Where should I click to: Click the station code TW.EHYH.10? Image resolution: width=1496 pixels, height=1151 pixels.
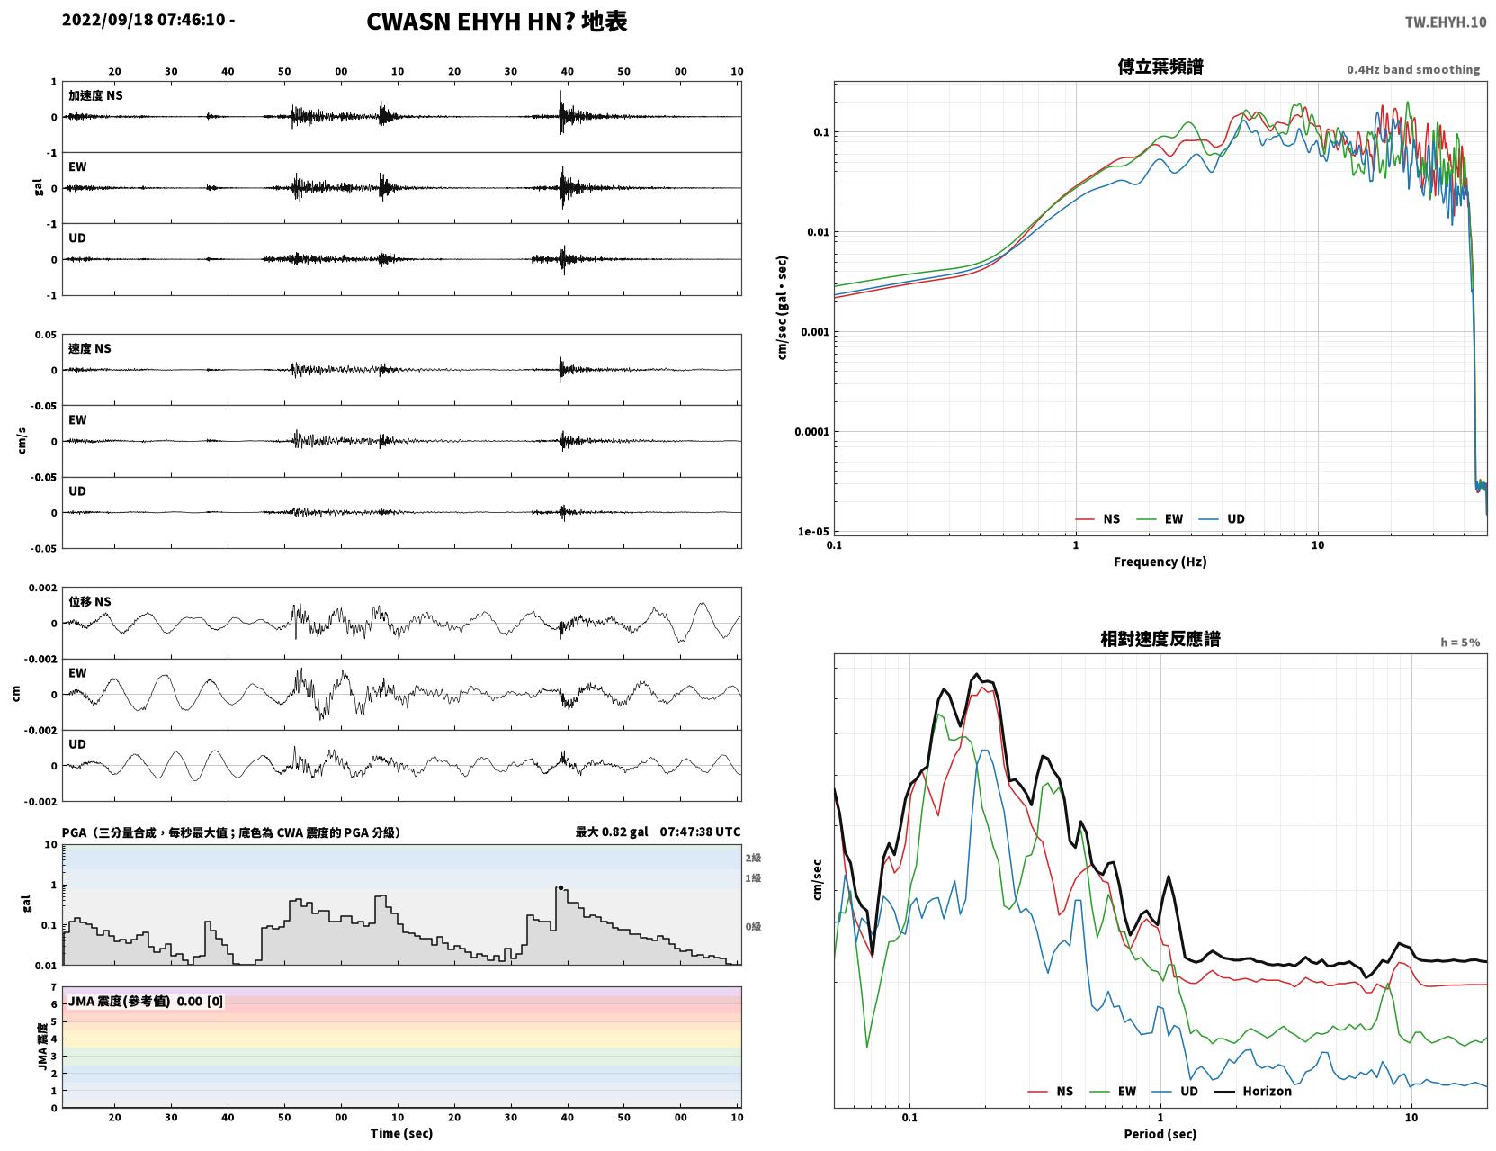(1445, 22)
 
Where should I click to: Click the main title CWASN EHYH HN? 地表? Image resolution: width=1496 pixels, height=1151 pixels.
(497, 22)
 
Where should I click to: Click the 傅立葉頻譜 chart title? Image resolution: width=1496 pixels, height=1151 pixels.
(1160, 67)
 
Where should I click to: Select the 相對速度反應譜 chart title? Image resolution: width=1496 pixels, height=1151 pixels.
(1160, 639)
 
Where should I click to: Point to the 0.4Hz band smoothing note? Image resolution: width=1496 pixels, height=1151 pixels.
(1412, 69)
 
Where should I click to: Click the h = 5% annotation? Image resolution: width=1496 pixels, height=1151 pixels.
(1459, 643)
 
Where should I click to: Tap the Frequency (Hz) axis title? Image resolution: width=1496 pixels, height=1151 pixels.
(1160, 562)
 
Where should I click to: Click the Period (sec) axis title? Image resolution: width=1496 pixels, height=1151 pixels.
(1160, 1134)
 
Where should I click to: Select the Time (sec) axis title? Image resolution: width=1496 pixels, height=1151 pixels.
(401, 1133)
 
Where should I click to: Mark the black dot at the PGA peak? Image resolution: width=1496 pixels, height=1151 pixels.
(560, 887)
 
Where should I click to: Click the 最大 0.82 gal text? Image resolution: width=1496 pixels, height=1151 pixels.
(612, 832)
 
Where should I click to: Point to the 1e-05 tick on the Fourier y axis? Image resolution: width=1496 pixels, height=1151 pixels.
(813, 532)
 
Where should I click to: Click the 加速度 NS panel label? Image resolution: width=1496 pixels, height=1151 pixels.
(95, 95)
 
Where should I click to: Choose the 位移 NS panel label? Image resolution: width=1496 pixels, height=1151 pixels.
(89, 602)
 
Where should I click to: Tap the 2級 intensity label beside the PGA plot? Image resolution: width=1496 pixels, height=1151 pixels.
(753, 858)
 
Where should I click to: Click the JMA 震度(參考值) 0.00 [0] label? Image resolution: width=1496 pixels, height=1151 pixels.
(145, 1001)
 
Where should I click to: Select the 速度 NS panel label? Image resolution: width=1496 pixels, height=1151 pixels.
(89, 349)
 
